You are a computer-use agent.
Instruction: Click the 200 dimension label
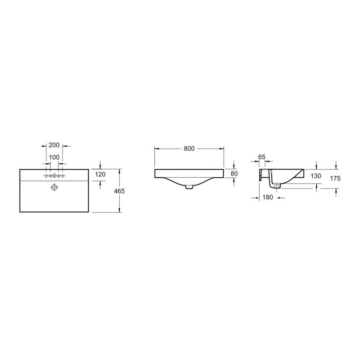coord(54,145)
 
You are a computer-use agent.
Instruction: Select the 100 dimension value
coord(54,157)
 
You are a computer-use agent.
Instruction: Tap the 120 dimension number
coord(100,174)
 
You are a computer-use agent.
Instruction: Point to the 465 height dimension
coord(119,191)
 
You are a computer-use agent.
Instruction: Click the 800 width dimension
coord(189,148)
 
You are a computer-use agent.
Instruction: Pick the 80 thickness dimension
coord(234,174)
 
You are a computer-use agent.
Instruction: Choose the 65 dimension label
coord(262,157)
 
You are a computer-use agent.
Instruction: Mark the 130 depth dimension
coord(316,176)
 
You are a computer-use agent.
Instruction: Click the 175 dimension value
coord(335,178)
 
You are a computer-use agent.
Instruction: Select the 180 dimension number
coord(268,197)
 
